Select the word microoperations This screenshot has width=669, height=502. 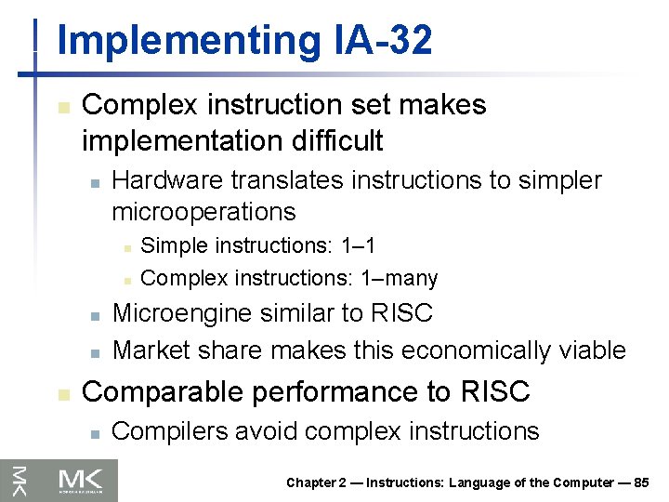[203, 211]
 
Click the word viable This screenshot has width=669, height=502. [593, 350]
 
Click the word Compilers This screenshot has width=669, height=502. [160, 431]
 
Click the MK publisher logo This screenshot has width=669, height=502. [87, 480]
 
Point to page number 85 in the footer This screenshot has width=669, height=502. [640, 482]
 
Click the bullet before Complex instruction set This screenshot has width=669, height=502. [62, 107]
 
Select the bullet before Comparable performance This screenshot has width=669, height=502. [62, 394]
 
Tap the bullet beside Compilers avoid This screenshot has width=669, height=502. [94, 433]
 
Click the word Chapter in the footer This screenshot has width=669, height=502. [312, 482]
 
